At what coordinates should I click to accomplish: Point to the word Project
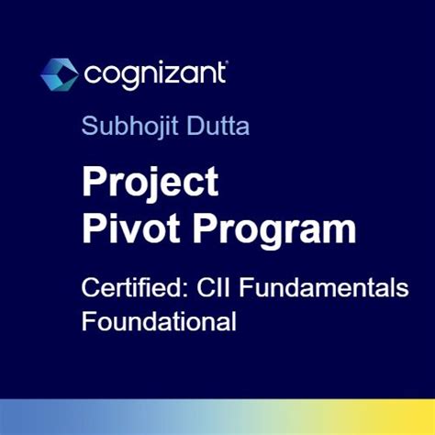[151, 183]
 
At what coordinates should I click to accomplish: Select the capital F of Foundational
[88, 322]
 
